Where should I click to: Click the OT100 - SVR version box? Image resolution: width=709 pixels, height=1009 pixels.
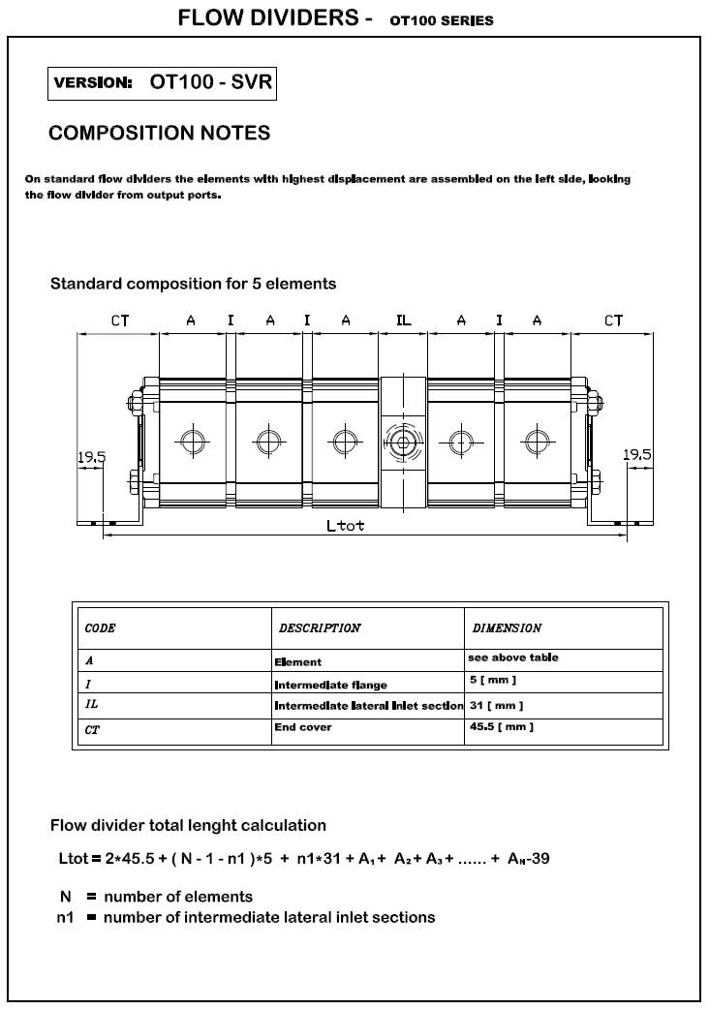(162, 83)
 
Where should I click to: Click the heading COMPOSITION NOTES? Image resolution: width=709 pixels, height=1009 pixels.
(159, 134)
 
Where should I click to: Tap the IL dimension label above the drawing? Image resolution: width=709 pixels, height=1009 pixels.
(403, 321)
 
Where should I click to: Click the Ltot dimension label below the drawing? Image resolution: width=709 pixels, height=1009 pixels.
(346, 527)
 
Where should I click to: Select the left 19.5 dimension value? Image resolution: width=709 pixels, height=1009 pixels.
(91, 456)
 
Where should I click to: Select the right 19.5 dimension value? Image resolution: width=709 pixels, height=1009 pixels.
(636, 454)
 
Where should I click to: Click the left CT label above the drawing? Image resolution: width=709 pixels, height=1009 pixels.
(119, 321)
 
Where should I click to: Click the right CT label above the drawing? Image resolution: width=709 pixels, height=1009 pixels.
(613, 321)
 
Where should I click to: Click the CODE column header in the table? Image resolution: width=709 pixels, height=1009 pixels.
(100, 628)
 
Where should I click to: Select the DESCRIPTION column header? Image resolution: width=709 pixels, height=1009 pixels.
(320, 628)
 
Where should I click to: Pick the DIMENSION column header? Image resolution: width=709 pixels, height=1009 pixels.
(507, 628)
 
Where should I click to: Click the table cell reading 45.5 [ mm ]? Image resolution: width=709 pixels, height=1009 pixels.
(500, 727)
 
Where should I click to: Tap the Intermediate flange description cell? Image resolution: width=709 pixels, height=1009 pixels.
(330, 685)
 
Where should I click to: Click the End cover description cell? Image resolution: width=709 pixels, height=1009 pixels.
(303, 727)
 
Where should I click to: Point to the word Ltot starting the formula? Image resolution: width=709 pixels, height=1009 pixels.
(75, 858)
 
